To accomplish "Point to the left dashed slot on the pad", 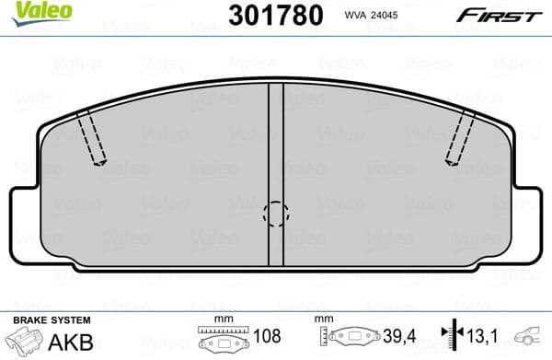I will click(x=92, y=136).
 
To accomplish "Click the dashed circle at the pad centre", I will click(x=276, y=215).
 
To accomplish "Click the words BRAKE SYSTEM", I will click(x=51, y=319).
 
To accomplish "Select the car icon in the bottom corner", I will click(x=532, y=339).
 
